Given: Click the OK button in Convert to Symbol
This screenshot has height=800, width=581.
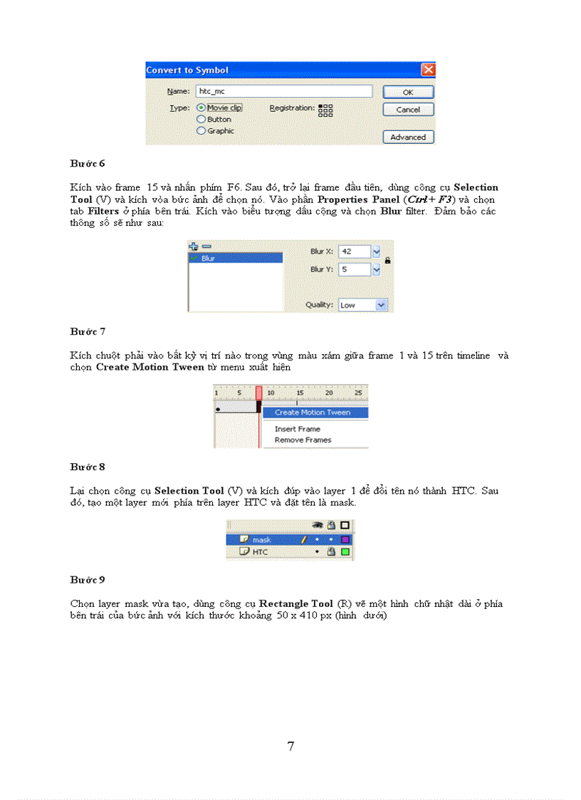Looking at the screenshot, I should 408,92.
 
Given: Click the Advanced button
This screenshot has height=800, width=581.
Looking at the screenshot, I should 408,137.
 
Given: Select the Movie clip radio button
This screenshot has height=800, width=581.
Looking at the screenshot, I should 201,108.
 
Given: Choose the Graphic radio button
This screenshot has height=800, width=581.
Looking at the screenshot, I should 201,131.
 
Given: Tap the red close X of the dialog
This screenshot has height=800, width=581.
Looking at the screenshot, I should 428,70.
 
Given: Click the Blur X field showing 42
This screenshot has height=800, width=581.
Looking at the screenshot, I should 355,251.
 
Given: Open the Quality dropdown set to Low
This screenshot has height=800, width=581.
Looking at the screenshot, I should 381,305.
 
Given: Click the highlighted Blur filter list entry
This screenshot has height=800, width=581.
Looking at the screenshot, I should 236,259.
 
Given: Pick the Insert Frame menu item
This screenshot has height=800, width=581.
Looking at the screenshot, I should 298,429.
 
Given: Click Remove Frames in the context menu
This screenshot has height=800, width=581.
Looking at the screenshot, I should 303,440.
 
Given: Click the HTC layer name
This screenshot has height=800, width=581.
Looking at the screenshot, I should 261,551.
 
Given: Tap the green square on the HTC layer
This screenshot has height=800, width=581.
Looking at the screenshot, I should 345,551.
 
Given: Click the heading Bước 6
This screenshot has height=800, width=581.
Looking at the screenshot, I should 88,163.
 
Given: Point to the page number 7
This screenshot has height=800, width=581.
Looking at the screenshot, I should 290,746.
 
